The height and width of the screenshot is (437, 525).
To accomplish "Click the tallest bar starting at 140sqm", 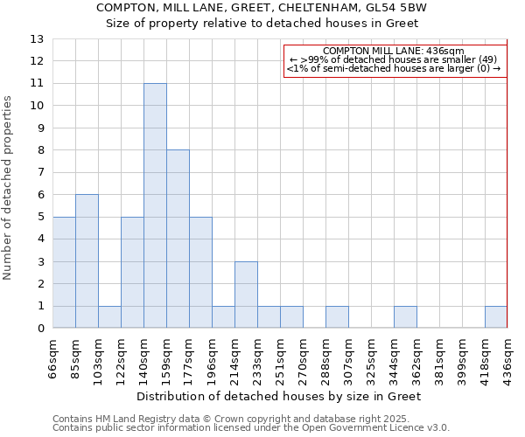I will (155, 205).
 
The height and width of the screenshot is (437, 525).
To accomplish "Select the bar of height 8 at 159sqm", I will (178, 239).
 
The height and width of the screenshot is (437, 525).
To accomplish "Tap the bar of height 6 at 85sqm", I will (87, 261).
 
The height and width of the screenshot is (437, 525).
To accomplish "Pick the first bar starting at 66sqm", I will (64, 272).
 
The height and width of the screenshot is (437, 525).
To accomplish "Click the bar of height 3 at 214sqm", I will (246, 295).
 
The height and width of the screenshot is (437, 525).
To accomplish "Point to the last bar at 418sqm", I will (496, 317).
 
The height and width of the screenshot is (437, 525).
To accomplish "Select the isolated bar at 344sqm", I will (405, 317).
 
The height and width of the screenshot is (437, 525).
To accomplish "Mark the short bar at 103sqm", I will (109, 317).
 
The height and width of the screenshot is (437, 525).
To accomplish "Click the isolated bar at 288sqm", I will (337, 317).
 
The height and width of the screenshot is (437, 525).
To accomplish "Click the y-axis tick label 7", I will (40, 172).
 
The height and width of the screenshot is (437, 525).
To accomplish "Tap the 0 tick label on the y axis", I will (40, 329).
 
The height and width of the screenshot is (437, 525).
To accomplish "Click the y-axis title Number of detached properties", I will (9, 188).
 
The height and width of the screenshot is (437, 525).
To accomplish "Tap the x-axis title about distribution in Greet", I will (280, 396).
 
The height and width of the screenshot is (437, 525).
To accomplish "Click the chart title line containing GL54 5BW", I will (262, 7).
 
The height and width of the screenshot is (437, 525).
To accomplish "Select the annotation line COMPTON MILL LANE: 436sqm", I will (394, 52).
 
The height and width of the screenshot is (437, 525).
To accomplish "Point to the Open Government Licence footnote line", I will (251, 427).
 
